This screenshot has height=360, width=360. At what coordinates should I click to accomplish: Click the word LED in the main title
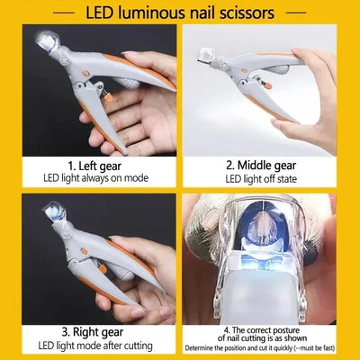[103, 13]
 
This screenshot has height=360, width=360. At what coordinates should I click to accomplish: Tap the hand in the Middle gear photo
[315, 99]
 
